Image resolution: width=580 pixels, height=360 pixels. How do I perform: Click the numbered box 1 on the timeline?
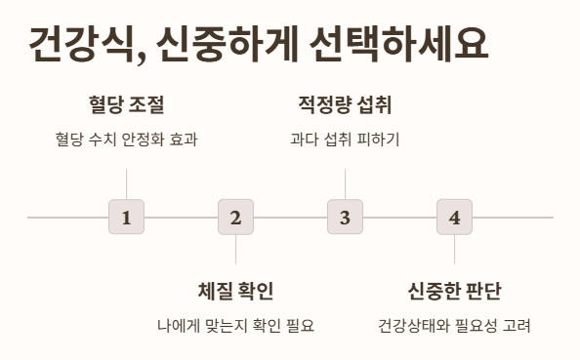pyautogui.click(x=126, y=217)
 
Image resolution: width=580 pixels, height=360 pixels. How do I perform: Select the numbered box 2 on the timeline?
pyautogui.click(x=235, y=217)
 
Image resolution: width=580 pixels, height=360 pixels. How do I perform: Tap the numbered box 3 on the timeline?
pyautogui.click(x=345, y=217)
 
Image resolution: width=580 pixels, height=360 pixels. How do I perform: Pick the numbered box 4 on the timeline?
pyautogui.click(x=454, y=217)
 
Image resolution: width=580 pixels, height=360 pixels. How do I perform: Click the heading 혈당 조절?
pyautogui.click(x=126, y=104)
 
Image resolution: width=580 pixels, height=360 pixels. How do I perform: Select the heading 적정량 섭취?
pyautogui.click(x=345, y=104)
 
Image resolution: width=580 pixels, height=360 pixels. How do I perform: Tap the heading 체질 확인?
pyautogui.click(x=235, y=291)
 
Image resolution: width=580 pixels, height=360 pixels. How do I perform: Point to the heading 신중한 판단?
pyautogui.click(x=454, y=291)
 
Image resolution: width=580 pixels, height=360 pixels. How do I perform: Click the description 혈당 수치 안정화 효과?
pyautogui.click(x=126, y=139)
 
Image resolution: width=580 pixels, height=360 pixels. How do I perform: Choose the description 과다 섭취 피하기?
pyautogui.click(x=345, y=139)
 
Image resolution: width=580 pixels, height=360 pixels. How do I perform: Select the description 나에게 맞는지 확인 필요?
pyautogui.click(x=235, y=325)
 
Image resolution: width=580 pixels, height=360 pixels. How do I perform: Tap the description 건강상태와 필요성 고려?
pyautogui.click(x=454, y=325)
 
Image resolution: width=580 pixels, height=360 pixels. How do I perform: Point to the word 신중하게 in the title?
pyautogui.click(x=228, y=44)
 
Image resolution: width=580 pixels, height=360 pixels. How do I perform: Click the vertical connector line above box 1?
pyautogui.click(x=126, y=183)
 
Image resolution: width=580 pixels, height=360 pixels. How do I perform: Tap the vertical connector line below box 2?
pyautogui.click(x=235, y=250)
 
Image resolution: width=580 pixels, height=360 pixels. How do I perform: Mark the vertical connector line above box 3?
pyautogui.click(x=345, y=183)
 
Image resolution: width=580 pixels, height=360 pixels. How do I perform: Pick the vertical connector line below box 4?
pyautogui.click(x=454, y=250)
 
